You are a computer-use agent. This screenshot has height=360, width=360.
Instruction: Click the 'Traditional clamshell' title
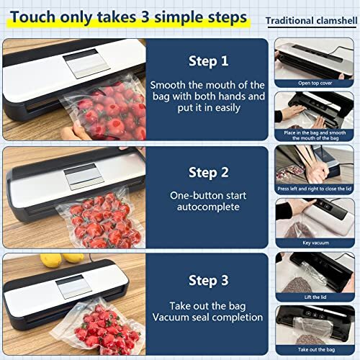click(x=313, y=21)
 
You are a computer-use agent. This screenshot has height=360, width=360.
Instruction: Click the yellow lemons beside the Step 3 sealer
click(x=61, y=258)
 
